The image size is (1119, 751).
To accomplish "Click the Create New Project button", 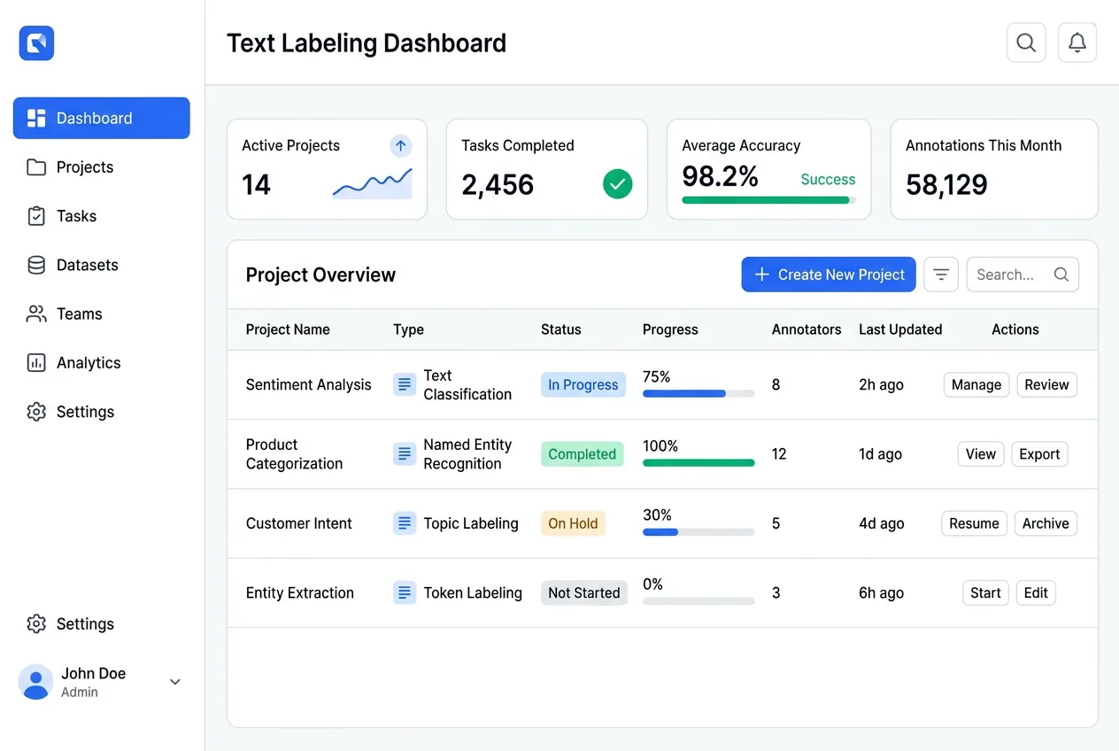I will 828,275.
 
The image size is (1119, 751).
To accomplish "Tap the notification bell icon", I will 1077,43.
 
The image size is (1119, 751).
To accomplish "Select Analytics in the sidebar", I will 88,363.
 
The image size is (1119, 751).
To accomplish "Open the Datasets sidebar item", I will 87,265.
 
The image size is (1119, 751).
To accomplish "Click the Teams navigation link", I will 79,314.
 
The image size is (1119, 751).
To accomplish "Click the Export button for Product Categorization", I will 1038,454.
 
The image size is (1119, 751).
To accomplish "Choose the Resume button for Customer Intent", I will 973,523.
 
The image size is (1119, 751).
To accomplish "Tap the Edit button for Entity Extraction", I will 1035,593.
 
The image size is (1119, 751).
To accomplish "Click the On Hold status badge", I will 573,523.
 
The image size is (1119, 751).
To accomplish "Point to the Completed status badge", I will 582,454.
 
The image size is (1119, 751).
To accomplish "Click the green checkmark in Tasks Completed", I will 617,184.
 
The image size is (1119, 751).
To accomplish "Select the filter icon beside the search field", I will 940,275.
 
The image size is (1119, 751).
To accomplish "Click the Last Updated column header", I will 899,329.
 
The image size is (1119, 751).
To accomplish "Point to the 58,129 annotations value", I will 946,184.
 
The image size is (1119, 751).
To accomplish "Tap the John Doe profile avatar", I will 35,682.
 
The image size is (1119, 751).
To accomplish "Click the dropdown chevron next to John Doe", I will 175,682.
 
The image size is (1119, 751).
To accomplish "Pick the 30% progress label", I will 657,515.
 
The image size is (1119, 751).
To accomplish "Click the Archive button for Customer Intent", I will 1045,523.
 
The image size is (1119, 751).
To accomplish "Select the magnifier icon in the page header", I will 1026,43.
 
